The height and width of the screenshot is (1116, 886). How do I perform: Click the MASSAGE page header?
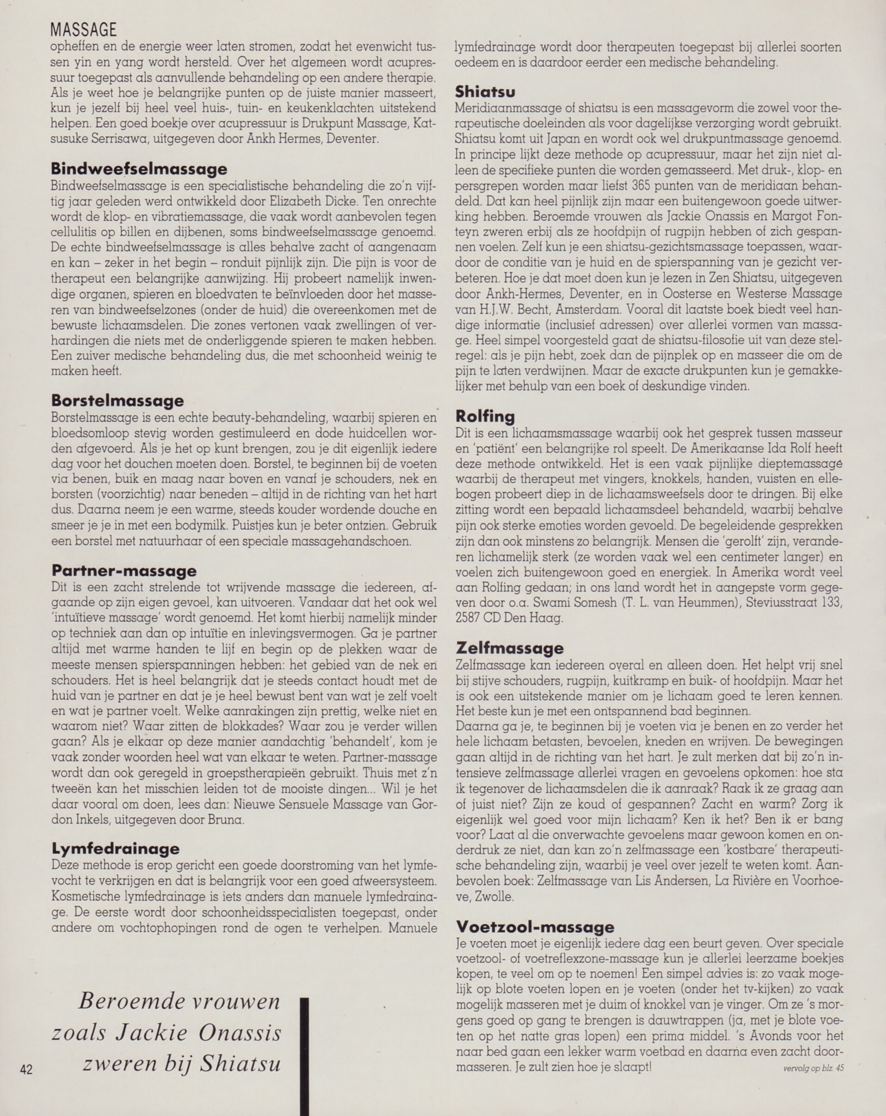[83, 29]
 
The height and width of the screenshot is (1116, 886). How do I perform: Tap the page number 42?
[26, 1068]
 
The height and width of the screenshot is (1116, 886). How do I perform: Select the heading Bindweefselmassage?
[139, 169]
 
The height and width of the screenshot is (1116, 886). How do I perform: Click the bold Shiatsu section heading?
[485, 92]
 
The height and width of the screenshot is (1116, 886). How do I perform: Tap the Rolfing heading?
[485, 416]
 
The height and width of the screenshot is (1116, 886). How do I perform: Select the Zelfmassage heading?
[509, 647]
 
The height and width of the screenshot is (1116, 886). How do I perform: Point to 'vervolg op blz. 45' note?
[813, 1067]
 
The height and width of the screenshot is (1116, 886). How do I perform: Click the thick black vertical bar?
[304, 1056]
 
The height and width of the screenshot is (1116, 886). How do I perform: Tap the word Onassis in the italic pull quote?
[240, 1034]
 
